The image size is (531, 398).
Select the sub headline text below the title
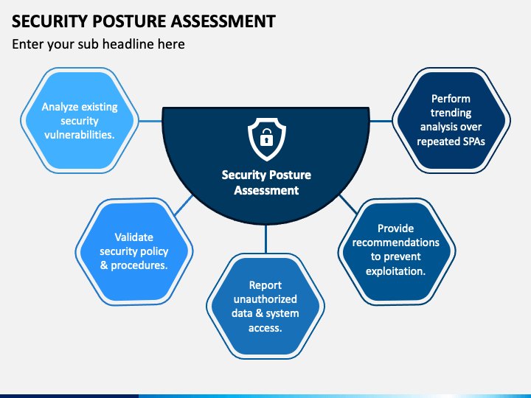click(x=98, y=44)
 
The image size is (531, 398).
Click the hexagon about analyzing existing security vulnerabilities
click(x=79, y=121)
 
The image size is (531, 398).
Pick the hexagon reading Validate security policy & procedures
click(x=134, y=251)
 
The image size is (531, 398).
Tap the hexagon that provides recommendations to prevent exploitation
click(x=396, y=251)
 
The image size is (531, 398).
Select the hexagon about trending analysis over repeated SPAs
click(x=451, y=120)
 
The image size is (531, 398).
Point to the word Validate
click(x=134, y=237)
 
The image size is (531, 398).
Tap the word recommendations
click(x=396, y=242)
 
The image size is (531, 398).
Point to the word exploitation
click(x=396, y=270)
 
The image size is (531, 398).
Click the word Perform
click(x=451, y=99)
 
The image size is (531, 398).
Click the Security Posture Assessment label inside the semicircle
click(x=266, y=183)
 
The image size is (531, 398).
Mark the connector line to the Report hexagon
click(x=265, y=240)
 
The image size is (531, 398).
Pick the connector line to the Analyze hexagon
click(x=150, y=121)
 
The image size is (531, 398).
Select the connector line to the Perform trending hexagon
click(x=381, y=121)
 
